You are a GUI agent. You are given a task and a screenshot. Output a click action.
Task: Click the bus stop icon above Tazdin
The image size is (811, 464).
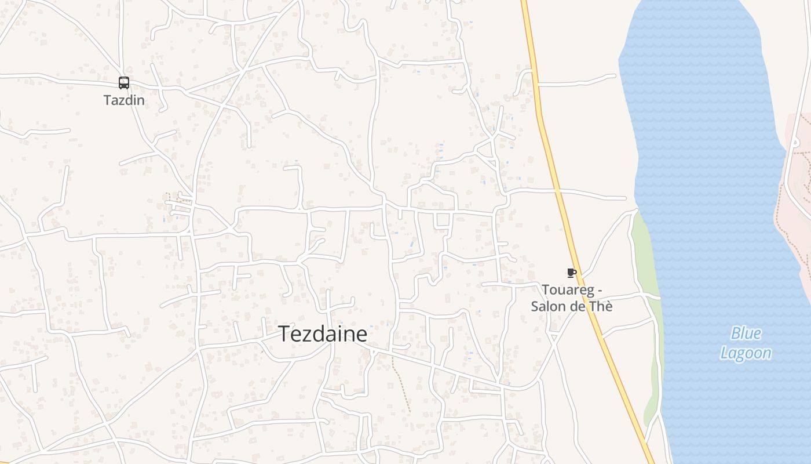[x=124, y=83]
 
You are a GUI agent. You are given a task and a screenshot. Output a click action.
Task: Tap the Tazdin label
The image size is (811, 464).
[x=124, y=100]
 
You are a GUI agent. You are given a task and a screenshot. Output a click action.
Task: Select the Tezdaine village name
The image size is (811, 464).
[x=323, y=335]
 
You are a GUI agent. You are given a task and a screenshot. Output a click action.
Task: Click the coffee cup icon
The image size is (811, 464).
[x=571, y=273]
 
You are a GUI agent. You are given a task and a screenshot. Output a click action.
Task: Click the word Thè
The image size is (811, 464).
[x=600, y=306]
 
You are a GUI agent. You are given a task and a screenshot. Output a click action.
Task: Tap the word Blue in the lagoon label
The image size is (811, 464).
[x=746, y=333]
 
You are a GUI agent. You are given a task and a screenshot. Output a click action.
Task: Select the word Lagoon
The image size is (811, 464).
[x=746, y=353]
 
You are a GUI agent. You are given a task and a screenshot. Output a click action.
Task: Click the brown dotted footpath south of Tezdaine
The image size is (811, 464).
[x=401, y=383]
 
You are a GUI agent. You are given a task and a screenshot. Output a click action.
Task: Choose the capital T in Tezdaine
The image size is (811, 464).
[x=285, y=335]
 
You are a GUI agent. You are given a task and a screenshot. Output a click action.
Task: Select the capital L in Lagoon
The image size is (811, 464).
[x=725, y=353]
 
